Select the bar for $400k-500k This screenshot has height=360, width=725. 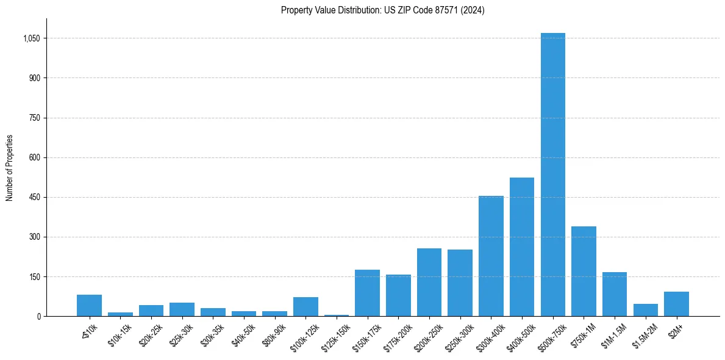point(522,247)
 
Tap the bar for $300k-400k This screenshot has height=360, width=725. point(491,256)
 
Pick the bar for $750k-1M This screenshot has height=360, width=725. point(584,272)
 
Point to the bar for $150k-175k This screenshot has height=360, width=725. point(367,293)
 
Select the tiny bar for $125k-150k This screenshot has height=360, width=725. point(336,315)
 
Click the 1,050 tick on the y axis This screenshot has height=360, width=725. point(31,38)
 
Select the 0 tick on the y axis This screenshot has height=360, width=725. point(38,317)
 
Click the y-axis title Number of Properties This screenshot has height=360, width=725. point(9,168)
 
